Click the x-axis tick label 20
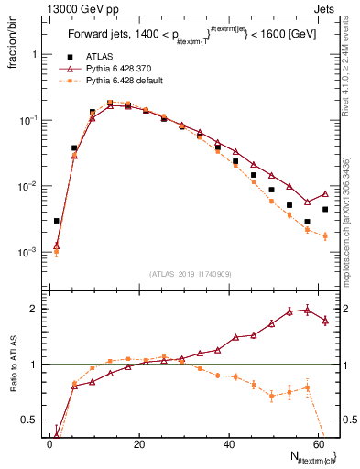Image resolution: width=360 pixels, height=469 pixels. click(138, 444)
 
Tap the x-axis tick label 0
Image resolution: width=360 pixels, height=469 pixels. click(49, 444)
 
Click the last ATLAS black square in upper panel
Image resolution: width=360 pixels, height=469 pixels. click(325, 209)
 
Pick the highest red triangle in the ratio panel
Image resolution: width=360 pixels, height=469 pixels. click(308, 309)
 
